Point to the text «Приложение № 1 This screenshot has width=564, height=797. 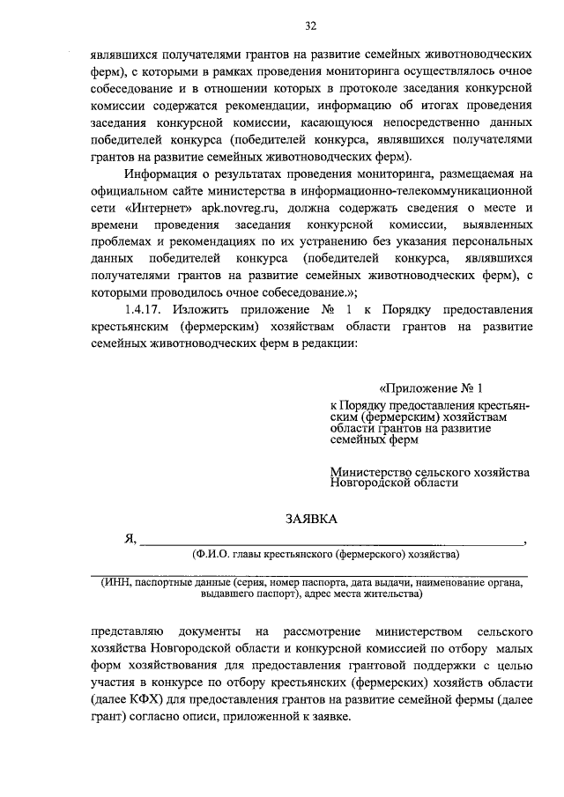coord(433,388)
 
